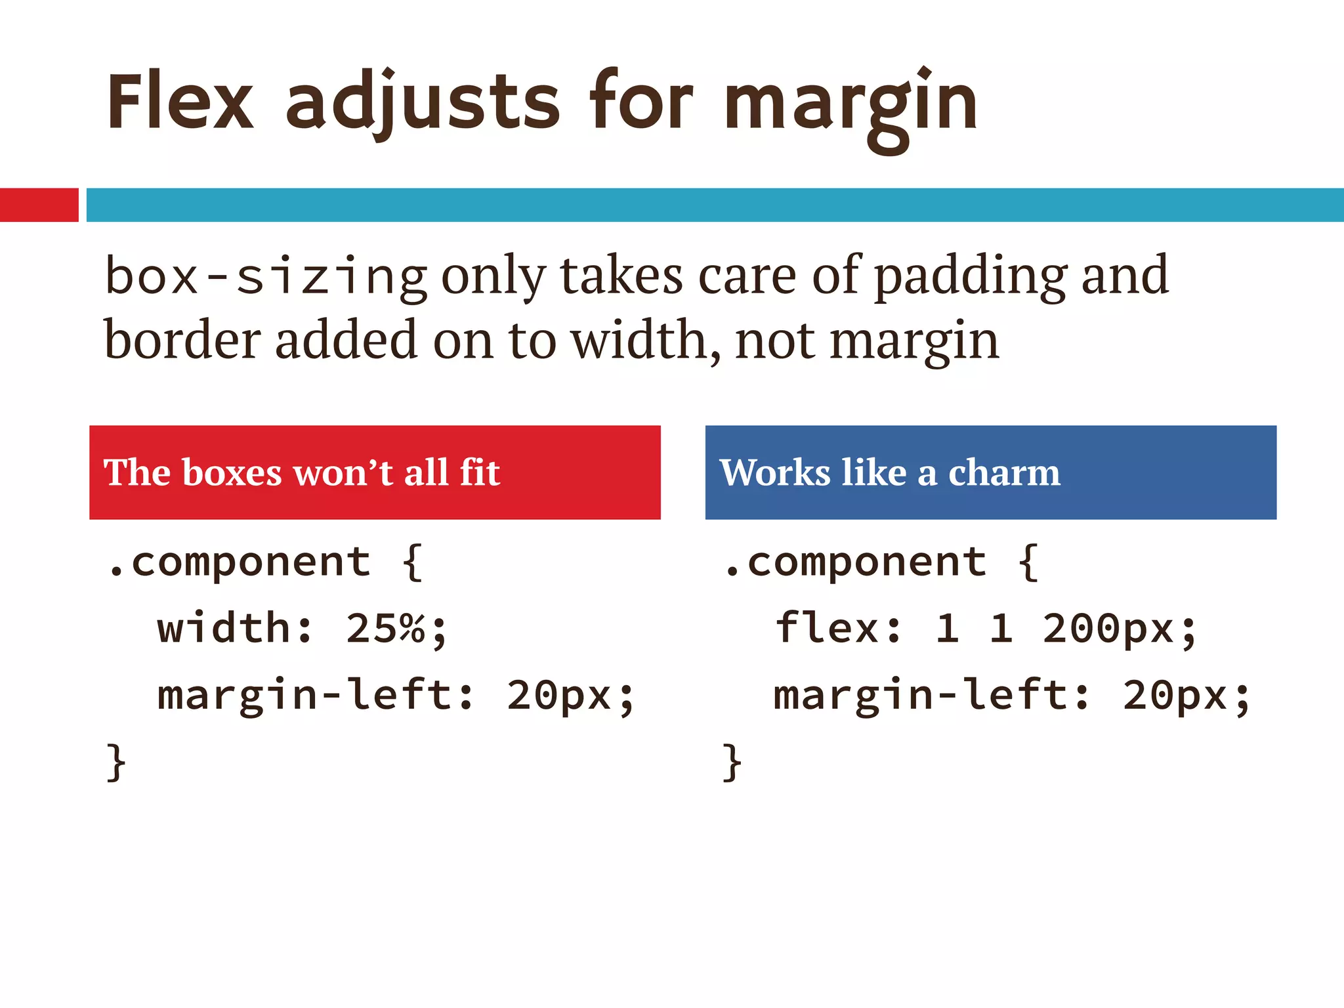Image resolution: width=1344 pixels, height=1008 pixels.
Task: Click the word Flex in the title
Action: coord(180,102)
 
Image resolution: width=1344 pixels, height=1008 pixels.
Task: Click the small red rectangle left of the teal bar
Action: coord(39,205)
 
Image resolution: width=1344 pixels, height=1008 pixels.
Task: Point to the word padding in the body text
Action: coord(971,277)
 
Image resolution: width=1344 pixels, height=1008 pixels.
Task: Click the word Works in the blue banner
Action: coord(775,472)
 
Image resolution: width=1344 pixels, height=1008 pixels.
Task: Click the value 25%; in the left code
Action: coord(396,629)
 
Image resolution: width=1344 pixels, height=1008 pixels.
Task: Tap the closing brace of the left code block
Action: coord(116,762)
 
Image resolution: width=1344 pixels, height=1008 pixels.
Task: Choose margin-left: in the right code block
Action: coord(932,696)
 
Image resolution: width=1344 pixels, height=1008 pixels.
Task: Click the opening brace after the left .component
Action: coord(412,562)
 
